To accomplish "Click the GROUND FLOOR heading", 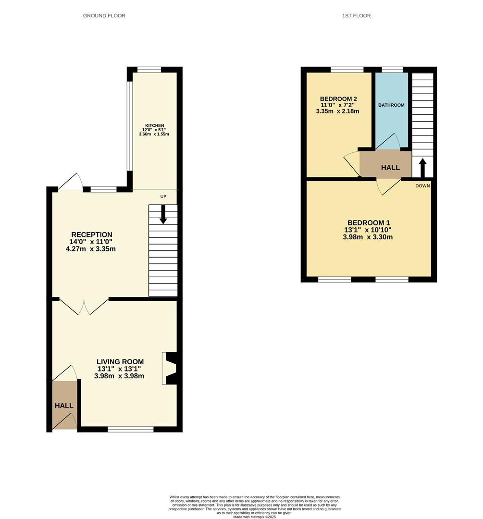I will tap(104, 16).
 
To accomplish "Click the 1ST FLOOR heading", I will tap(356, 16).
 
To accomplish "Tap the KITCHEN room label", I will tap(155, 125).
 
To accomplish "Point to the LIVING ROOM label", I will tap(120, 362).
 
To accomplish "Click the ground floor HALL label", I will tap(64, 406).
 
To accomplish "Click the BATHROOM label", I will tap(391, 105).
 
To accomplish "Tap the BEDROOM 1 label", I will tap(369, 222).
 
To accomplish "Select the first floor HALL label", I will tap(390, 168).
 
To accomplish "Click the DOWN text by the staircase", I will tap(422, 185).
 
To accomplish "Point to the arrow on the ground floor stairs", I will tap(163, 215).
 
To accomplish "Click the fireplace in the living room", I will tap(171, 368).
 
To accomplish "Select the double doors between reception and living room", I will tap(84, 307).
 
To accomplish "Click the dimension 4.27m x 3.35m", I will tap(90, 249).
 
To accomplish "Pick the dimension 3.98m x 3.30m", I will tap(369, 237).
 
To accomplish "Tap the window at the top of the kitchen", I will tap(149, 70).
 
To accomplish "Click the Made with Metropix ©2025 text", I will tap(255, 517).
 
